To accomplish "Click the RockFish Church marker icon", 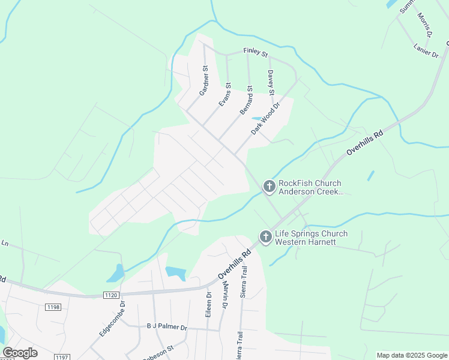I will point(269,187).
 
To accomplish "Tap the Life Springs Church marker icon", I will point(265,238).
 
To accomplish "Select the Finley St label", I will point(255,53).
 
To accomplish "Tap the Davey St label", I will point(271,83).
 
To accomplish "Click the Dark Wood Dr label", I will point(266,118).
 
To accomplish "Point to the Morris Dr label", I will point(424,26).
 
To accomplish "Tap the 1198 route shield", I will point(53,307).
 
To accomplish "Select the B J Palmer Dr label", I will point(167,328).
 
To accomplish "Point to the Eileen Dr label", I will point(209,304).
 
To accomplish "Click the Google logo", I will point(20,353).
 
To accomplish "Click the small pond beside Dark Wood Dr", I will point(256,118).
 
